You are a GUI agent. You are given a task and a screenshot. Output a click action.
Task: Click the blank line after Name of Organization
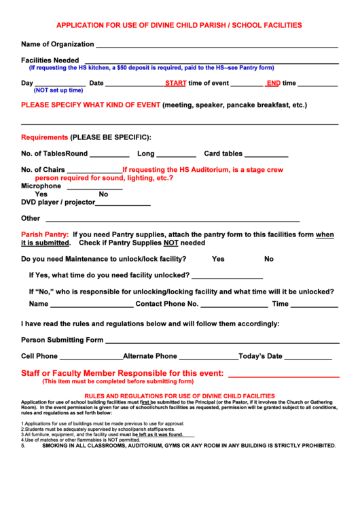click(x=217, y=46)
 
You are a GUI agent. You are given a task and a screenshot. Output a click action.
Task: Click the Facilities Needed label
click(x=50, y=60)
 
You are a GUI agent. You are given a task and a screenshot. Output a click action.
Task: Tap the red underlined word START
click(x=175, y=83)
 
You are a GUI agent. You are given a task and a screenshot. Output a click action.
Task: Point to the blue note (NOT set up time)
click(x=58, y=90)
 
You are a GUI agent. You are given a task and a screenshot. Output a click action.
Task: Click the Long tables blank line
click(x=176, y=156)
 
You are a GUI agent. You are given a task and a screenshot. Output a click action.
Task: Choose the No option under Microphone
click(x=103, y=194)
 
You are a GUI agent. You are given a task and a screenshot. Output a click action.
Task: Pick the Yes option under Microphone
click(x=41, y=194)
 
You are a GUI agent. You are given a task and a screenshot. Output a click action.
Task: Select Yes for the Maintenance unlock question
click(x=218, y=259)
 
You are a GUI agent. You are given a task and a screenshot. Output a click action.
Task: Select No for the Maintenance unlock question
click(x=269, y=259)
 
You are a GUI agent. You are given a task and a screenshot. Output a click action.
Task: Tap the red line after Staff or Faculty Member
click(x=283, y=375)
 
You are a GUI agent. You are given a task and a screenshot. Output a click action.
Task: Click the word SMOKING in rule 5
click(x=58, y=446)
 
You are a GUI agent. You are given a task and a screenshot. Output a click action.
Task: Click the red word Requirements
click(x=44, y=137)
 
